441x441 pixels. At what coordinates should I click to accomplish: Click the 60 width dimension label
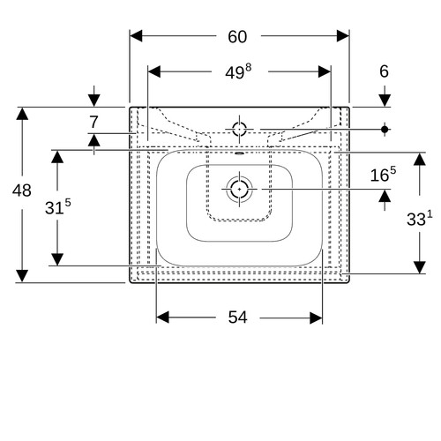pyautogui.click(x=237, y=37)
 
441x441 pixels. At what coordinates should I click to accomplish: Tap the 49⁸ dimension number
pyautogui.click(x=238, y=72)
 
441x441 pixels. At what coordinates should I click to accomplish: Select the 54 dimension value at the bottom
pyautogui.click(x=237, y=318)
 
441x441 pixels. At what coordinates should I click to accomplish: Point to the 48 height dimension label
pyautogui.click(x=22, y=191)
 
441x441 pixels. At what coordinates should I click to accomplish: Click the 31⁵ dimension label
pyautogui.click(x=58, y=206)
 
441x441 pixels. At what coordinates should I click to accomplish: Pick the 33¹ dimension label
pyautogui.click(x=420, y=219)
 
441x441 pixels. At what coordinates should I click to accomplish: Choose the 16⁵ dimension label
pyautogui.click(x=383, y=175)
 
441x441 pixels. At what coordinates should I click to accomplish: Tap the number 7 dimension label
pyautogui.click(x=93, y=122)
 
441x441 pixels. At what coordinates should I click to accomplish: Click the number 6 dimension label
pyautogui.click(x=384, y=71)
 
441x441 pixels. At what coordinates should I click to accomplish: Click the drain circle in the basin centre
pyautogui.click(x=239, y=189)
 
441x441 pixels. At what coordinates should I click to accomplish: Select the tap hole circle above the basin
pyautogui.click(x=239, y=129)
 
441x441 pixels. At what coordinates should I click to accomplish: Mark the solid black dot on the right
pyautogui.click(x=385, y=129)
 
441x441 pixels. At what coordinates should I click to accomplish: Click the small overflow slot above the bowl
pyautogui.click(x=240, y=153)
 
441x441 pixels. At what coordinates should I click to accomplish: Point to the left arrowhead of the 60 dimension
pyautogui.click(x=136, y=36)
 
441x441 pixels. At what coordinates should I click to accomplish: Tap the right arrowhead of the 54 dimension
pyautogui.click(x=316, y=318)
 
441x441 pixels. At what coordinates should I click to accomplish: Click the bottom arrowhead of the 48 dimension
pyautogui.click(x=22, y=276)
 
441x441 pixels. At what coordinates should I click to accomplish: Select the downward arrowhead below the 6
pyautogui.click(x=385, y=101)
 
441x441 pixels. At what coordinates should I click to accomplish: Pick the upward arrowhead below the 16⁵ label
pyautogui.click(x=385, y=196)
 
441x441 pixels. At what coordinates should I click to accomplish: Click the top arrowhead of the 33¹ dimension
pyautogui.click(x=420, y=159)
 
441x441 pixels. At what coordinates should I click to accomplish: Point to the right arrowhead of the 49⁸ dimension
pyautogui.click(x=325, y=71)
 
